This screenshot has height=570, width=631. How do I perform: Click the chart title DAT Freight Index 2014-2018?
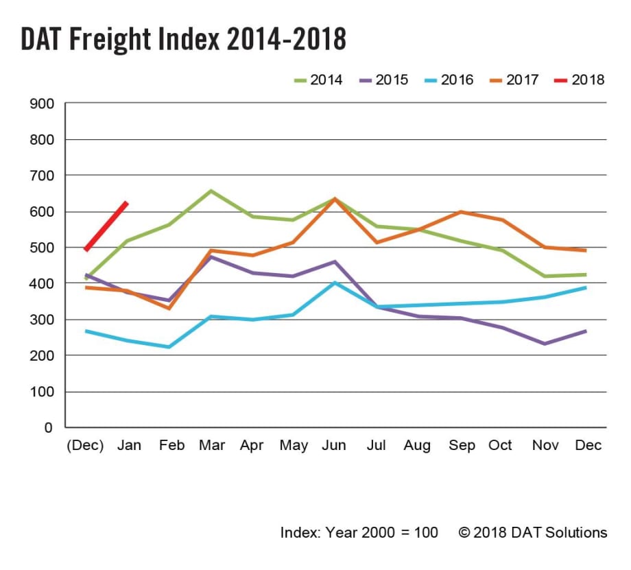pos(183,40)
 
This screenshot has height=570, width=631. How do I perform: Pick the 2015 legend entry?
pos(383,80)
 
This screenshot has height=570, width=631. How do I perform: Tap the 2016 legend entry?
pos(448,80)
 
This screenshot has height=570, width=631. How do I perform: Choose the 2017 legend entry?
pos(512,80)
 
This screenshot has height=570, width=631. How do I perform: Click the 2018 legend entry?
pos(578,80)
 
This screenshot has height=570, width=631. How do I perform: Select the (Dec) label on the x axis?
pos(86,446)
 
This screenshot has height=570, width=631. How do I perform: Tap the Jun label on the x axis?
pos(334,446)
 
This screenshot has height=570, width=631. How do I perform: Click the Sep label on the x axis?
pos(461,446)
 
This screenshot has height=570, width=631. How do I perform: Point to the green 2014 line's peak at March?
pos(211,191)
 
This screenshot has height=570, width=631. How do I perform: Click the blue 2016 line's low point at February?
pos(169,347)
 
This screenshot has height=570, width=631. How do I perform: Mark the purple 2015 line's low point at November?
pos(544,344)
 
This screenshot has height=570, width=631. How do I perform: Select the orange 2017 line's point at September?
pos(460,212)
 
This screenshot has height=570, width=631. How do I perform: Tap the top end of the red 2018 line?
pos(126,203)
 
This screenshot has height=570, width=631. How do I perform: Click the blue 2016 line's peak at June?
pos(335,282)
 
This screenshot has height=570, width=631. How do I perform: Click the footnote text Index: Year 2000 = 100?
pos(359,532)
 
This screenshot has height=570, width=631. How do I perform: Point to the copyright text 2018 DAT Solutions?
pos(534,532)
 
